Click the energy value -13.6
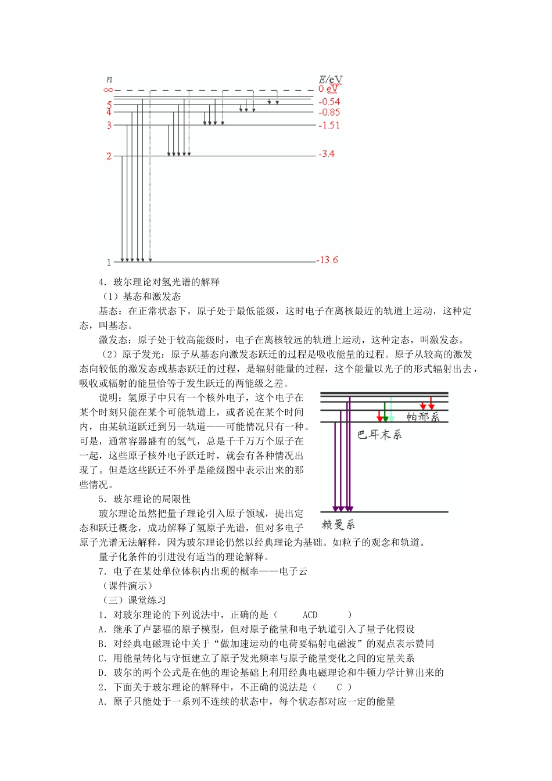click(x=328, y=260)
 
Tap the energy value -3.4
click(x=327, y=153)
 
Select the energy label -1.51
click(x=329, y=125)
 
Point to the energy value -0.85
click(x=329, y=112)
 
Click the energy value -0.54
click(x=329, y=102)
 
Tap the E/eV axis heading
click(x=330, y=79)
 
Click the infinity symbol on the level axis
click(x=108, y=90)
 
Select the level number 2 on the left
click(x=109, y=156)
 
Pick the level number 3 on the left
click(x=109, y=125)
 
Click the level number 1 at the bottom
click(x=109, y=263)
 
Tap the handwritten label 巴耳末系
click(x=379, y=435)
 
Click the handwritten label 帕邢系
click(x=423, y=417)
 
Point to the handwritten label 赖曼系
click(x=338, y=525)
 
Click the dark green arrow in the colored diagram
click(x=385, y=411)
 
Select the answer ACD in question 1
click(x=310, y=615)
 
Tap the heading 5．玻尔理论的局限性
click(x=145, y=499)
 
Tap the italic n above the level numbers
click(x=109, y=80)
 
